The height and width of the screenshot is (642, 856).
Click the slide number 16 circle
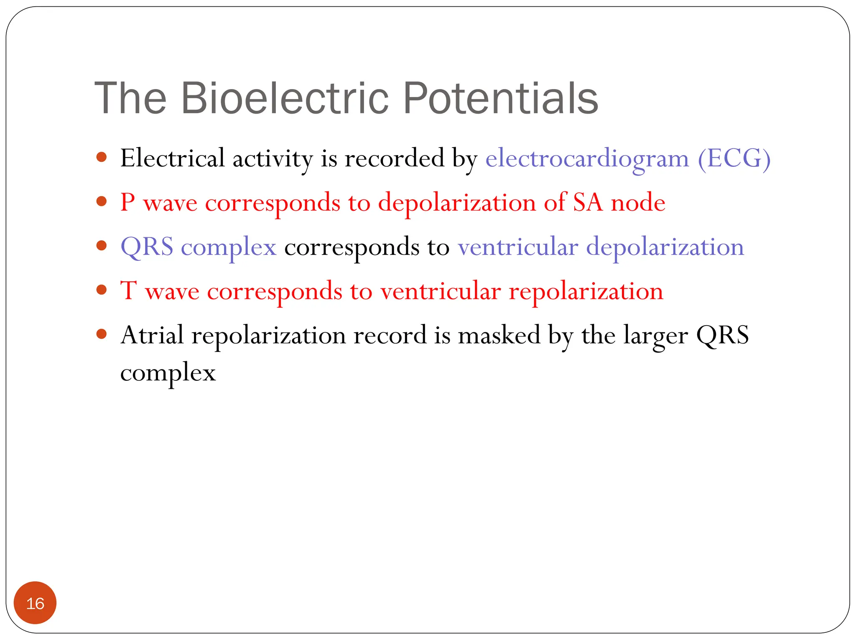[35, 603]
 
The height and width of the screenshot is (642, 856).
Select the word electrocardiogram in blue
[587, 159]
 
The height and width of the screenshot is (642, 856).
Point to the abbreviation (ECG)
[734, 159]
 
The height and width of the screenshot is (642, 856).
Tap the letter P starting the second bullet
[127, 203]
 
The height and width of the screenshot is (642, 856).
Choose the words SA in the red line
[588, 203]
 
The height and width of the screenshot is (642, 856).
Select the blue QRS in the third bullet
[147, 247]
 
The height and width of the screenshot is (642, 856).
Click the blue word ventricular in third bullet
[518, 247]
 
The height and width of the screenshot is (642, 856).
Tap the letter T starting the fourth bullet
[128, 291]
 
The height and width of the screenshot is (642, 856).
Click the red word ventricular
[440, 291]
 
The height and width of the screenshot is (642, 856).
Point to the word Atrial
[152, 335]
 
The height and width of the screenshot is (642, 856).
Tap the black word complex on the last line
[168, 373]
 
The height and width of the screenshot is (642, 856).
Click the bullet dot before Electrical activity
[102, 158]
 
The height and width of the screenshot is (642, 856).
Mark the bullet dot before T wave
[102, 290]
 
